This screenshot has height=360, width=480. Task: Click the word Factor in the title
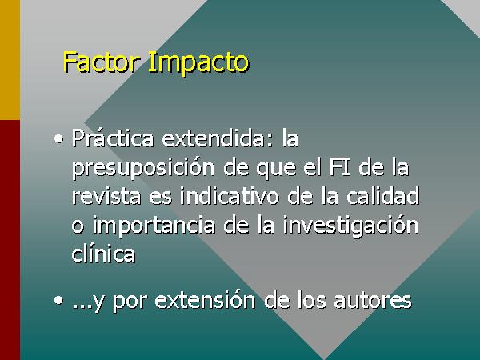pyautogui.click(x=101, y=62)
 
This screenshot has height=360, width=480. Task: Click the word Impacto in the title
pyautogui.click(x=198, y=64)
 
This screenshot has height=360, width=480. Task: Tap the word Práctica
pyautogui.click(x=113, y=138)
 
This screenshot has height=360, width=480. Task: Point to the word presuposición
pyautogui.click(x=143, y=168)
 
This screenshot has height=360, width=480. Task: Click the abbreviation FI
pyautogui.click(x=340, y=167)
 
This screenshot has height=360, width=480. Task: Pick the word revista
pyautogui.click(x=106, y=196)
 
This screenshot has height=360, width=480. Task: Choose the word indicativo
pyautogui.click(x=230, y=196)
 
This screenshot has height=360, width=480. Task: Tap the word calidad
pyautogui.click(x=382, y=196)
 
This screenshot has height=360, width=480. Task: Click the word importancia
pyautogui.click(x=154, y=225)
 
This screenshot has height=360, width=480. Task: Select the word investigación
pyautogui.click(x=350, y=226)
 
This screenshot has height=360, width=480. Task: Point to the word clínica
pyautogui.click(x=103, y=254)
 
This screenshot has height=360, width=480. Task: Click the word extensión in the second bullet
pyautogui.click(x=205, y=300)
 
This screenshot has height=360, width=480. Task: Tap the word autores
pyautogui.click(x=372, y=301)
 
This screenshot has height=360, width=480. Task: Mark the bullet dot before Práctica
pyautogui.click(x=58, y=139)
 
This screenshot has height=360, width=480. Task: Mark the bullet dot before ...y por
pyautogui.click(x=58, y=301)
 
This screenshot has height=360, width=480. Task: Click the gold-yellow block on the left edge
pyautogui.click(x=10, y=60)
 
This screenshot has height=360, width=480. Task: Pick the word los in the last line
pyautogui.click(x=312, y=300)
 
